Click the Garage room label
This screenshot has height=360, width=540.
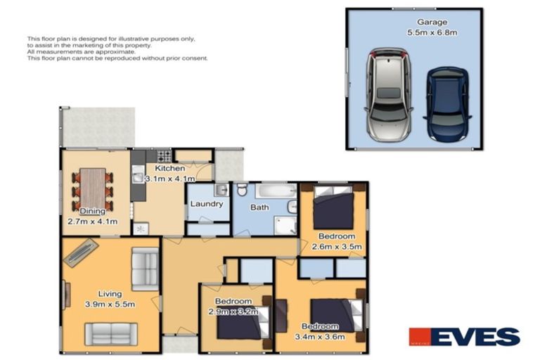432,22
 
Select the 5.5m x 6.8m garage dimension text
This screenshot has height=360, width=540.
432,32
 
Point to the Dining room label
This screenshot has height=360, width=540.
92,211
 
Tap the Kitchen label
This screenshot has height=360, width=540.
170,169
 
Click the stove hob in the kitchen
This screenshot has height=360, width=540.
163,156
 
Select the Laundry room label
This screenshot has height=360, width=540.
207,204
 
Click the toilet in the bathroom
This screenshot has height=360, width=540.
241,191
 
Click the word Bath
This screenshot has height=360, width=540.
259,207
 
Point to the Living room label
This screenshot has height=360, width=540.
110,294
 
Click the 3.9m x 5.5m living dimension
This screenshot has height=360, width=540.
110,304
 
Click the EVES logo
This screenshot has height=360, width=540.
465,337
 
